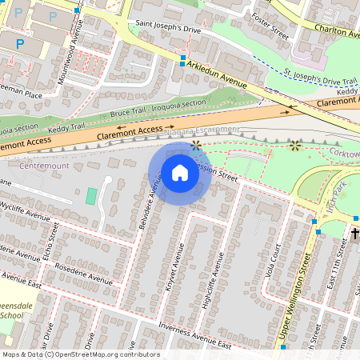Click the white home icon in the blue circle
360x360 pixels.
[180, 172]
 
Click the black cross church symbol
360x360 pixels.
[355, 234]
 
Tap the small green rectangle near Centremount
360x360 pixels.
[91, 195]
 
